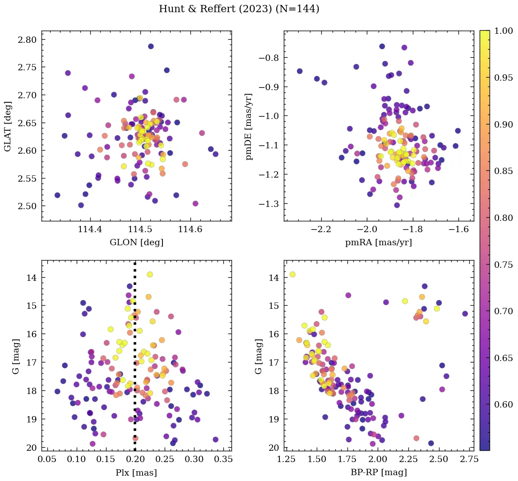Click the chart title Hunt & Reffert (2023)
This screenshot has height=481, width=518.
pyautogui.click(x=239, y=9)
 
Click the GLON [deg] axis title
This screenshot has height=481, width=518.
pyautogui.click(x=136, y=243)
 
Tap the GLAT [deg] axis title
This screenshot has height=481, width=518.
pyautogui.click(x=8, y=126)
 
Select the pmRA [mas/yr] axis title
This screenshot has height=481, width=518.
pyautogui.click(x=379, y=243)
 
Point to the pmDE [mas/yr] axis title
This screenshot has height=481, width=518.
pyautogui.click(x=249, y=126)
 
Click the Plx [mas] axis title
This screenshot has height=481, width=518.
pyautogui.click(x=136, y=472)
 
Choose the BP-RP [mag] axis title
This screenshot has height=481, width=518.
pyautogui.click(x=379, y=472)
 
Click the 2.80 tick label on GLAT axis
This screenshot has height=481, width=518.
pyautogui.click(x=28, y=40)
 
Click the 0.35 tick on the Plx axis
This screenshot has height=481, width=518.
pyautogui.click(x=223, y=460)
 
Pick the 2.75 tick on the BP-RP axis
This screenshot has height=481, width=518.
pyautogui.click(x=464, y=460)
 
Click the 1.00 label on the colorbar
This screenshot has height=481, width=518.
pyautogui.click(x=503, y=31)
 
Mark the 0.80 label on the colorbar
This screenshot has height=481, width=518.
pyautogui.click(x=503, y=218)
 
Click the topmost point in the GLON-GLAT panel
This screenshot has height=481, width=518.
pyautogui.click(x=151, y=46)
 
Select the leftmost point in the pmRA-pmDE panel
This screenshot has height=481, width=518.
pyautogui.click(x=300, y=71)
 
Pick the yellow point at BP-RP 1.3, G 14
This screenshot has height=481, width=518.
pyautogui.click(x=292, y=275)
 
